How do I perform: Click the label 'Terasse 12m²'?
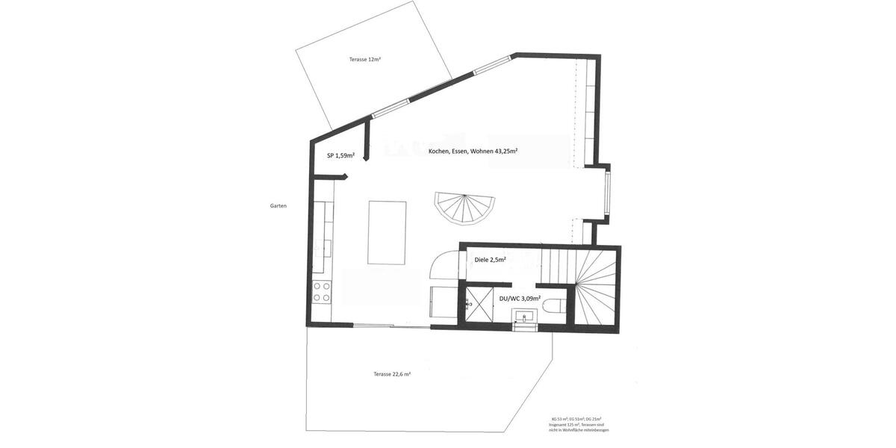tap(365, 59)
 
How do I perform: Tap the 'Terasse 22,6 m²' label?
tap(392, 374)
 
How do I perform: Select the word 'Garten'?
tap(279, 206)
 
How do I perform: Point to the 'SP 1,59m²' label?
tap(340, 156)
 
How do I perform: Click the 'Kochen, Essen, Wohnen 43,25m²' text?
tap(473, 151)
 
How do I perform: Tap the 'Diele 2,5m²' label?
tap(491, 260)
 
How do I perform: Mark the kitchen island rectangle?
tap(387, 232)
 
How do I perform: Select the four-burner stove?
tap(323, 292)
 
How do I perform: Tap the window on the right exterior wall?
tap(609, 195)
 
